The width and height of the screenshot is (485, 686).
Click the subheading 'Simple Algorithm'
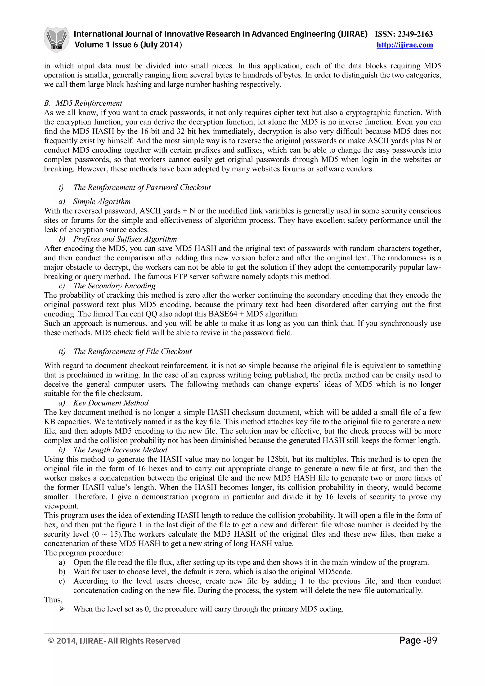coord(102,201)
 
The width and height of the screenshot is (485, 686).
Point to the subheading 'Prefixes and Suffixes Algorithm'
coord(125,239)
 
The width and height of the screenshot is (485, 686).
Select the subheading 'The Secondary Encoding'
coord(114,286)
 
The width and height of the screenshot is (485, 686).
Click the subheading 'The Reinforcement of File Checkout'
coord(132,351)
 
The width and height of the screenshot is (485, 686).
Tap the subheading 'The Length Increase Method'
coord(120,450)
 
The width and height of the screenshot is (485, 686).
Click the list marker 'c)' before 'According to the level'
coord(62,581)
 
